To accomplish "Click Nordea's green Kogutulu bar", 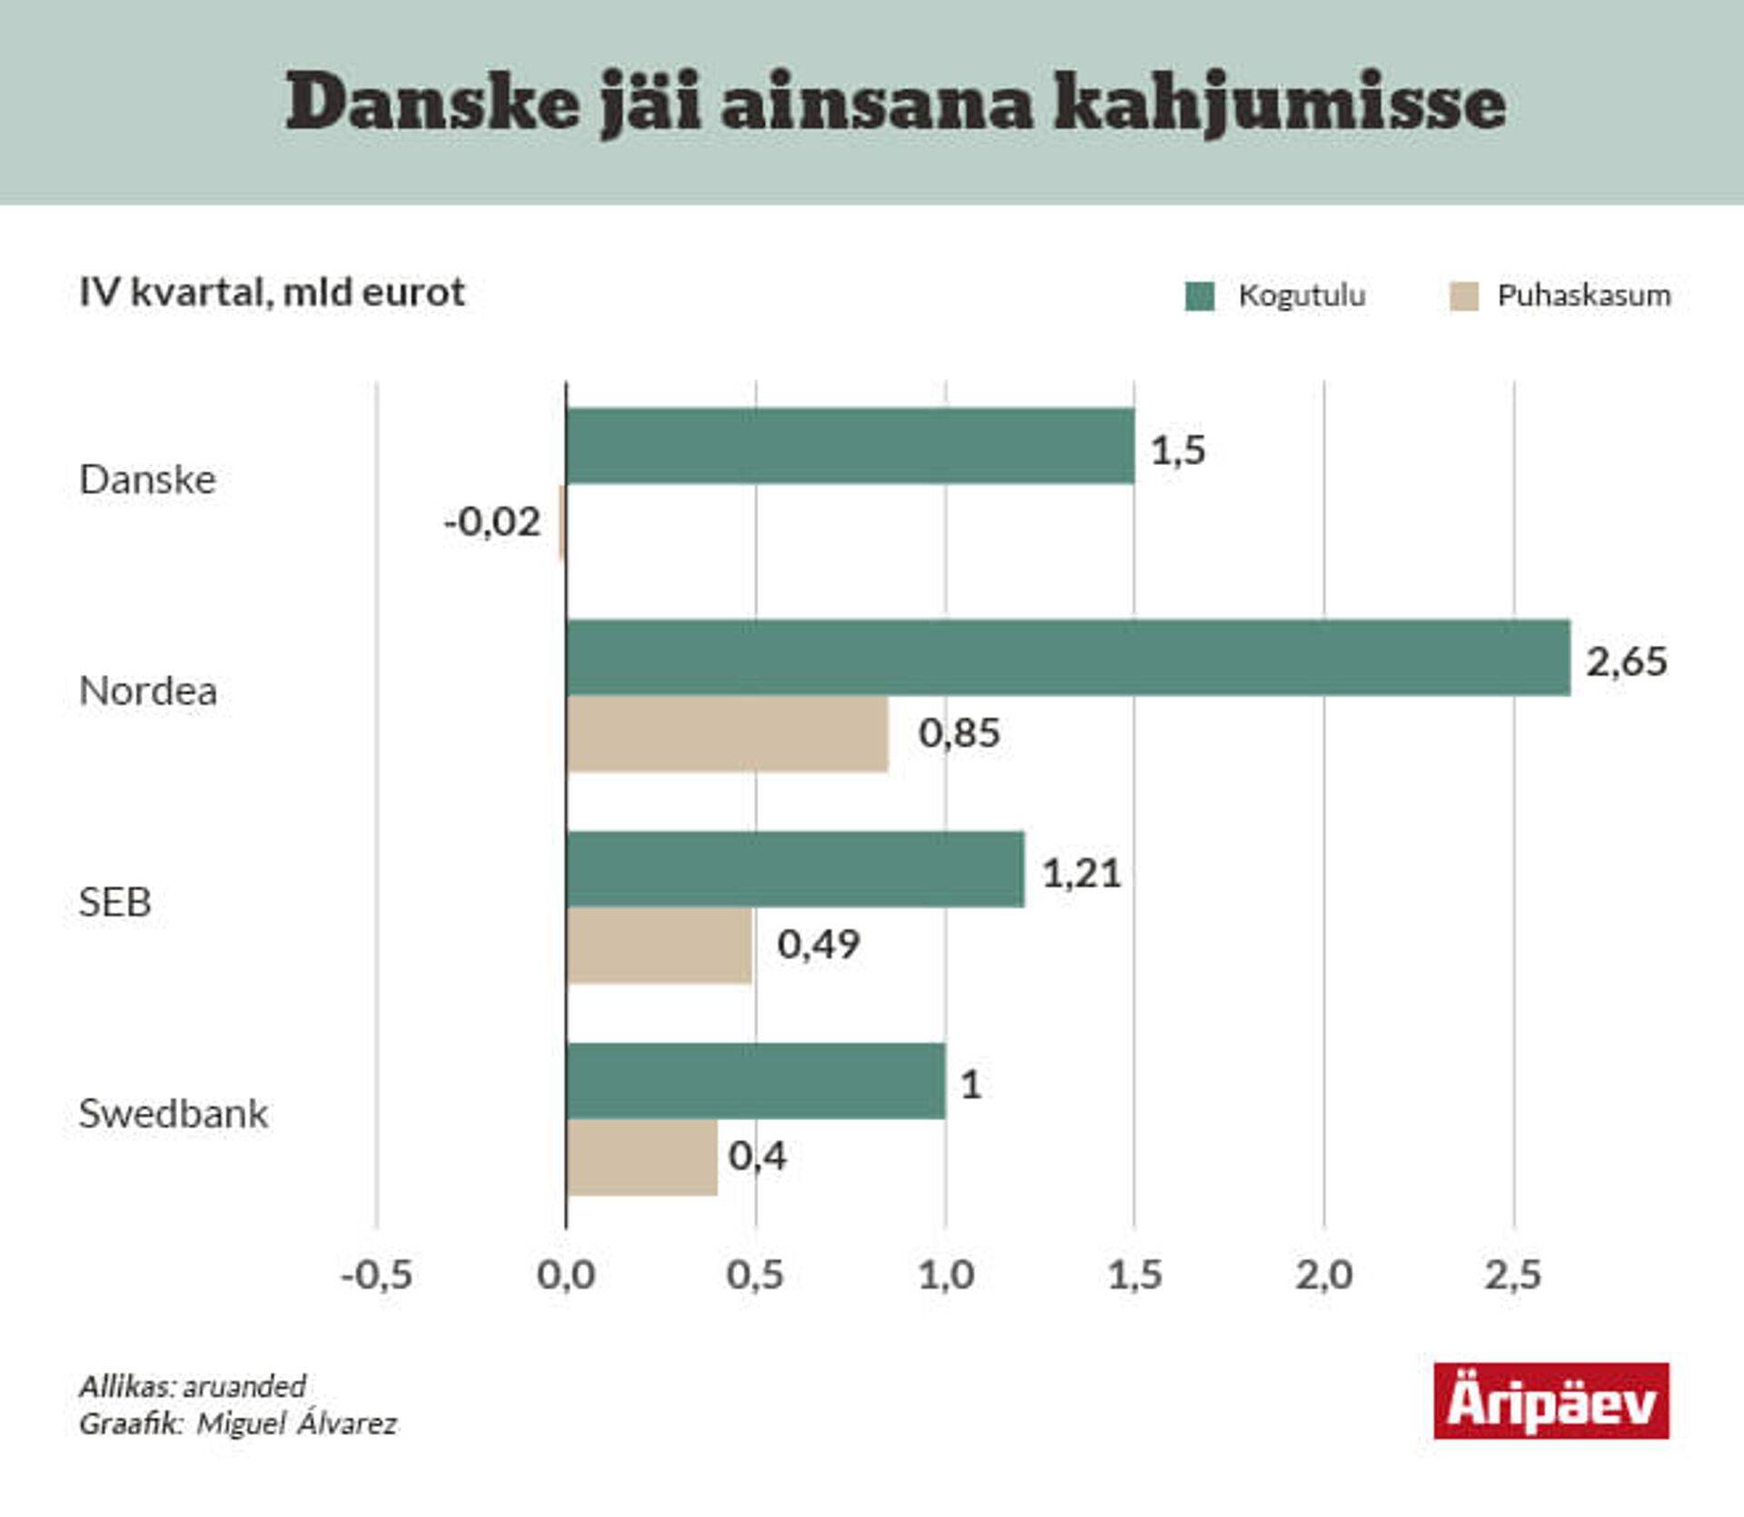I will [1068, 658].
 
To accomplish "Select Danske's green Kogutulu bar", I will [850, 446].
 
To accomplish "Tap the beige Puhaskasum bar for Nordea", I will [727, 734].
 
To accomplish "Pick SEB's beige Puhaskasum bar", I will [659, 946].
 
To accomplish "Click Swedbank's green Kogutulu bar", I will [755, 1081].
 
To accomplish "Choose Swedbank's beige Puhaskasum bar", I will [641, 1157].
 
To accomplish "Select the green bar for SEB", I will [795, 869].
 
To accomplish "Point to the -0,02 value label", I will [492, 522].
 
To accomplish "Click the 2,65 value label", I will [1626, 661].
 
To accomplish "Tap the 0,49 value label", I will [817, 945].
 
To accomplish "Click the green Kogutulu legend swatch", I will [1199, 296].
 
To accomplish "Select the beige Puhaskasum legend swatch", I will [1463, 296].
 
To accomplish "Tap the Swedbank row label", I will [173, 1114].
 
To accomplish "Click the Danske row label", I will [148, 480].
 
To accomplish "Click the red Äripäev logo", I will [1551, 1401].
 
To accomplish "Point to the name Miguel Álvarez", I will [297, 1423].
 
